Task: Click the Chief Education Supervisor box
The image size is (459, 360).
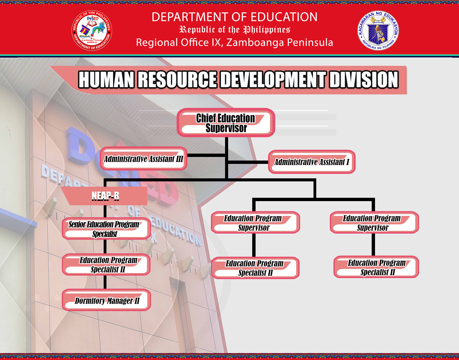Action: [226, 122]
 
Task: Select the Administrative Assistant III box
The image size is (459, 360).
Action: [144, 159]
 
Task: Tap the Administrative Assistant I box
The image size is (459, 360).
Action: [312, 162]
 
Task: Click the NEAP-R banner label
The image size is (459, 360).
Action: [105, 196]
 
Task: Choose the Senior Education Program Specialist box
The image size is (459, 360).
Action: [106, 229]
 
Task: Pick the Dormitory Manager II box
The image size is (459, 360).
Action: [106, 300]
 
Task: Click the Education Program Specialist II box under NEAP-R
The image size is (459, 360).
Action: [106, 264]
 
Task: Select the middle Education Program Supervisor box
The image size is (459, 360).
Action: [255, 222]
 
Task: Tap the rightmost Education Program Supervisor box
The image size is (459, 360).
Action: [374, 222]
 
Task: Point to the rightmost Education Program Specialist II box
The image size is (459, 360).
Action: [376, 267]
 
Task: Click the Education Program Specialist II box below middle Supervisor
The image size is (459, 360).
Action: [255, 268]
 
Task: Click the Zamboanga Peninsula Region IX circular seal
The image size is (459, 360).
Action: [92, 31]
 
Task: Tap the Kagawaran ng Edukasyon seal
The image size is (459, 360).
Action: [378, 31]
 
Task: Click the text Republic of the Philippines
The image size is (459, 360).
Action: [234, 30]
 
